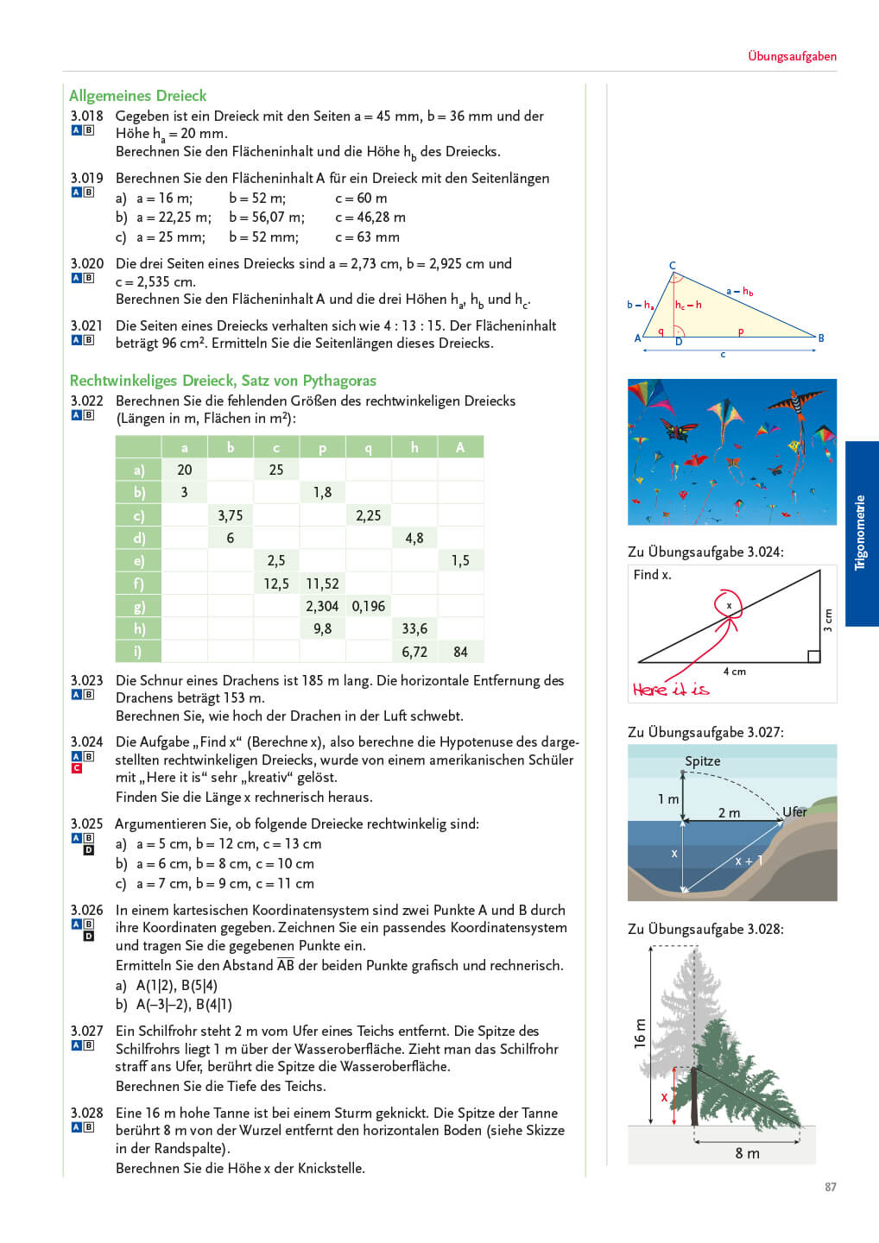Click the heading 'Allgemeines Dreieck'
coord(137,96)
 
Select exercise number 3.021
coord(86,325)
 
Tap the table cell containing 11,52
coord(322,584)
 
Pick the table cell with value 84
coord(460,652)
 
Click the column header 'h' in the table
coord(414,447)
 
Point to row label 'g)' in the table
coord(138,606)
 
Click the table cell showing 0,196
coord(368,606)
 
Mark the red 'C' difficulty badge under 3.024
coord(76,768)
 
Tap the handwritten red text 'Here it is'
coord(670,690)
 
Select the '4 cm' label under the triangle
coord(734,672)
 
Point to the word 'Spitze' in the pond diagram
coord(702,761)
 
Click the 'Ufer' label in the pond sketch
coord(794,812)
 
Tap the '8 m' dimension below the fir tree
coord(747,1153)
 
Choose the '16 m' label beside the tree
coord(640,1033)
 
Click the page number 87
coord(830,1187)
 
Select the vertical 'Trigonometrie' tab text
coord(860,533)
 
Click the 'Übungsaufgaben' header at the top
coord(792,56)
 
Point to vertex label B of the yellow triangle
coord(821,338)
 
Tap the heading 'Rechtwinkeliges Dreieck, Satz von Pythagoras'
coord(223,381)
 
